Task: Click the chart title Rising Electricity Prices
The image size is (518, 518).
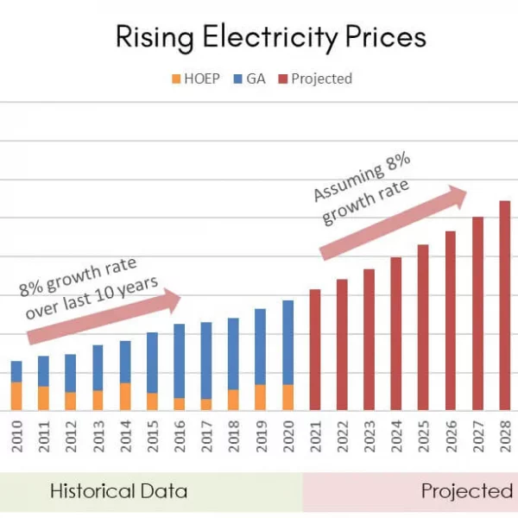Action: coord(271,37)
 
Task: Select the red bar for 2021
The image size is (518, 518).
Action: coord(315,349)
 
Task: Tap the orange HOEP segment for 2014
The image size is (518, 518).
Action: coord(124,395)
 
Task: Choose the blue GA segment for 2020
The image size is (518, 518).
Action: coord(287,342)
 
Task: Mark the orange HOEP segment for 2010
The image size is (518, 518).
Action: coord(16,395)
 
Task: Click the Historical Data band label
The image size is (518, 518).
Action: coord(118,491)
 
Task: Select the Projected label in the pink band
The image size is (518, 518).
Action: coord(466,491)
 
